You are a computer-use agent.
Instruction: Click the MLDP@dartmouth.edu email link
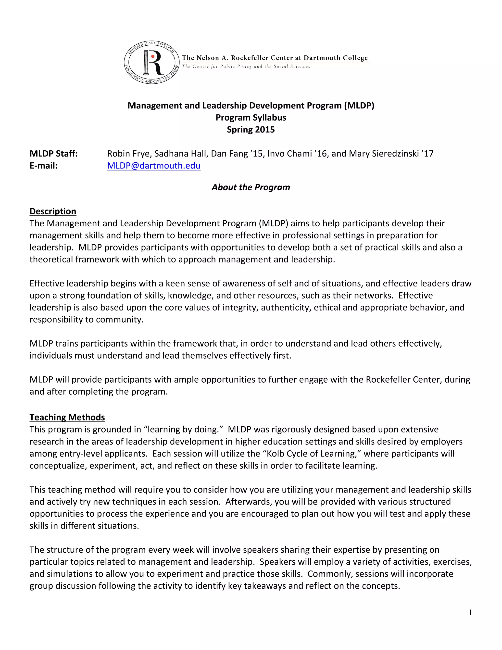tap(153, 166)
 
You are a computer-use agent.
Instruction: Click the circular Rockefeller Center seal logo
tap(151, 63)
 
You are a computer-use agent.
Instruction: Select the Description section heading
tap(53, 211)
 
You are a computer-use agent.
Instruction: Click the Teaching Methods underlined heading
tap(67, 417)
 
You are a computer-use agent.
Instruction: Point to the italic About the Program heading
tap(251, 187)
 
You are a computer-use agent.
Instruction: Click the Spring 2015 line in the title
tap(251, 130)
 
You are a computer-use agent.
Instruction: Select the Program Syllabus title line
tap(251, 117)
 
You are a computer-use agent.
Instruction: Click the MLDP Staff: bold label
tap(53, 154)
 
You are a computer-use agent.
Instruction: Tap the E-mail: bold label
tap(43, 166)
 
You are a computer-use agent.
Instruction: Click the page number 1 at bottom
tap(470, 612)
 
